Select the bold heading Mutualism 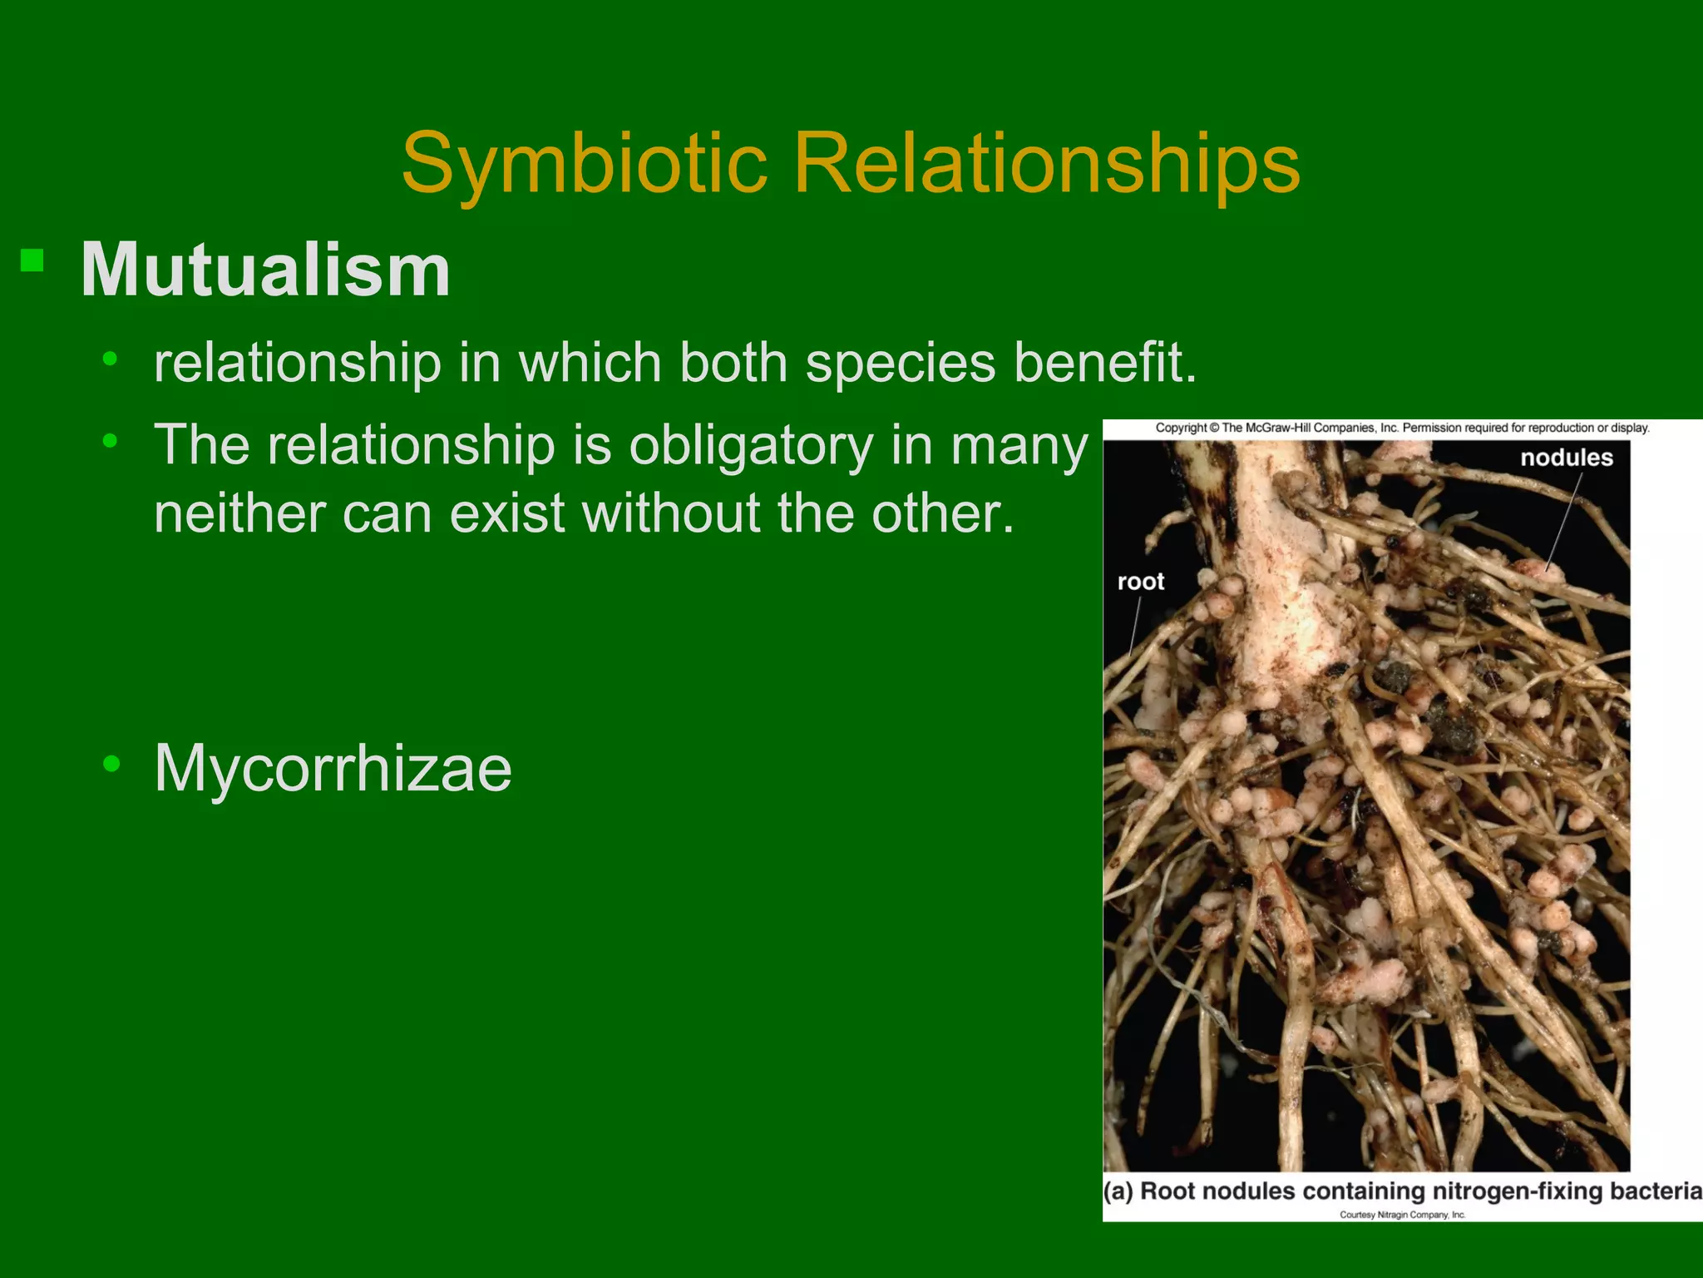click(x=265, y=270)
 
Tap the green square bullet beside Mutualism click(x=32, y=261)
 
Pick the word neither click(x=239, y=513)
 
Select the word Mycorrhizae click(x=333, y=768)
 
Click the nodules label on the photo click(x=1566, y=458)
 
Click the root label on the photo click(x=1140, y=582)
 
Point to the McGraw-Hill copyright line click(x=1402, y=428)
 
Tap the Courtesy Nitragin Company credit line click(x=1402, y=1215)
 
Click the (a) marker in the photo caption click(x=1118, y=1191)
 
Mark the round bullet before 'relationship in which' click(x=110, y=359)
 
